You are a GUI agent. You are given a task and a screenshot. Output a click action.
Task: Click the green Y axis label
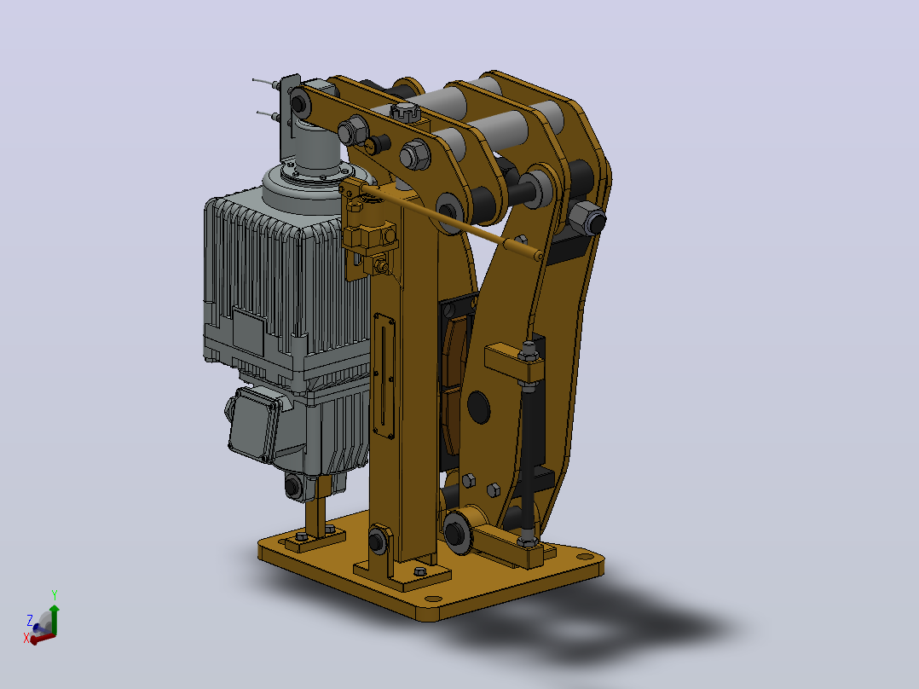point(55,595)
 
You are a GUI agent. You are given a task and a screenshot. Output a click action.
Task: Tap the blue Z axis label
point(30,620)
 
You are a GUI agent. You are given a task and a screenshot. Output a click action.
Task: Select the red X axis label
point(26,637)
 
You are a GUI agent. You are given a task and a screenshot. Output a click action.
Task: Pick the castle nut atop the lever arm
point(406,111)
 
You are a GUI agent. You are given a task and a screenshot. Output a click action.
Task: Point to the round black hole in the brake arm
point(478,407)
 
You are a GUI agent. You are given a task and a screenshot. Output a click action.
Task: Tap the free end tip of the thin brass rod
point(538,256)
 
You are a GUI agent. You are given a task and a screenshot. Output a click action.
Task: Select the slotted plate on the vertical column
point(384,375)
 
